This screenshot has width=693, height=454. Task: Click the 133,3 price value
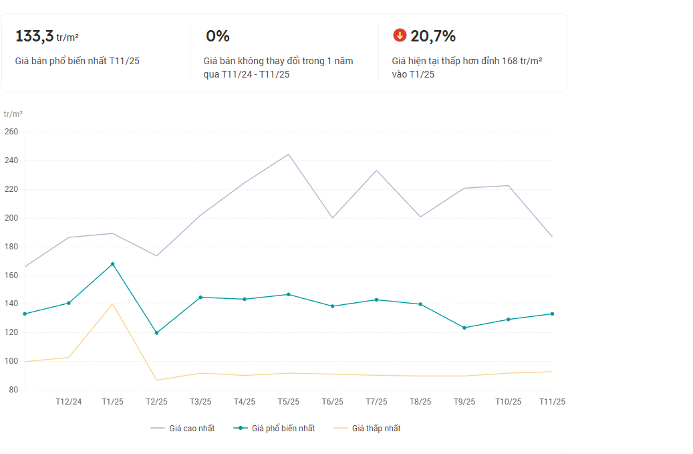(x=34, y=36)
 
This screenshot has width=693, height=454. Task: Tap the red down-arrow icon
(x=400, y=35)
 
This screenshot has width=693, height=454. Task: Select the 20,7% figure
(x=433, y=36)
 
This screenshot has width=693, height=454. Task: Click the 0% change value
(x=217, y=36)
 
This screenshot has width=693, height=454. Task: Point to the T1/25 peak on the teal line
(x=112, y=264)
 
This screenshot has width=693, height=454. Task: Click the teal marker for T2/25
(x=156, y=333)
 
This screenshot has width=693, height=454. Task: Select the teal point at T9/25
(x=464, y=328)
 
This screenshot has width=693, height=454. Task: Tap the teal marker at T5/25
(x=288, y=294)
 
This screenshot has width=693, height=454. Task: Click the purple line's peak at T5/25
(x=288, y=154)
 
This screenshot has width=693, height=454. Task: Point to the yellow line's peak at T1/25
(x=112, y=304)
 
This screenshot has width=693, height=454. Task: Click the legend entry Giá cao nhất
(x=183, y=429)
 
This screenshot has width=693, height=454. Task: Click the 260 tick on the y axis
(x=11, y=132)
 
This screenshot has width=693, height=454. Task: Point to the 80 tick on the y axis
(x=13, y=390)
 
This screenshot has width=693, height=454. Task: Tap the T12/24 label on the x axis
(x=68, y=402)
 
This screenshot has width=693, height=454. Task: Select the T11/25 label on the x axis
(x=552, y=402)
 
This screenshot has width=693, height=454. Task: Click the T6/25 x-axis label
(x=332, y=402)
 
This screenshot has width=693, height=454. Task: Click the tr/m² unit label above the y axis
(x=13, y=114)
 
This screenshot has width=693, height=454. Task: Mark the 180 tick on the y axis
(x=11, y=247)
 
